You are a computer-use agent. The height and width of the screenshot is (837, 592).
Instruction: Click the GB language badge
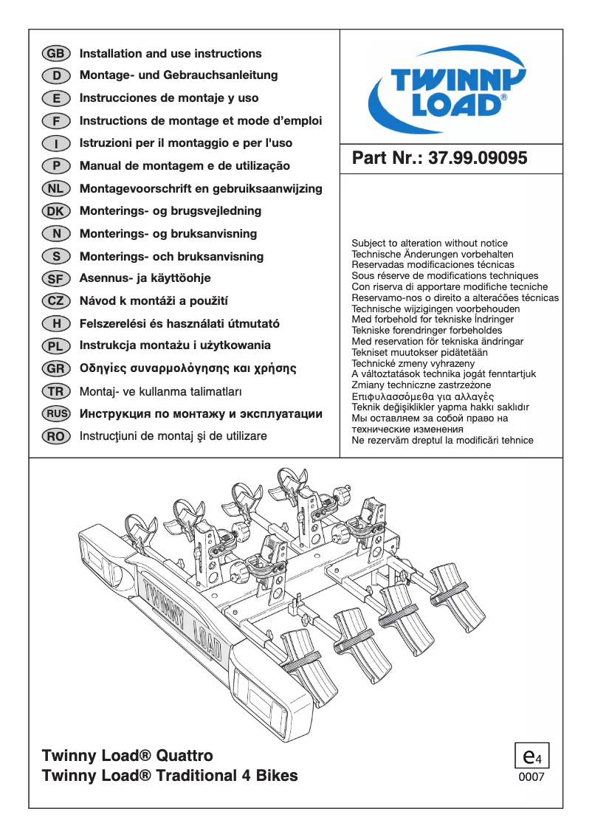pyautogui.click(x=56, y=54)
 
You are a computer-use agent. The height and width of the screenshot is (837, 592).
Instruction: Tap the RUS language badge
pyautogui.click(x=56, y=414)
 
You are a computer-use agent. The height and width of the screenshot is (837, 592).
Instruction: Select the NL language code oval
pyautogui.click(x=56, y=189)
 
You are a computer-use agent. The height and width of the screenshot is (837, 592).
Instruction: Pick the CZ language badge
pyautogui.click(x=56, y=301)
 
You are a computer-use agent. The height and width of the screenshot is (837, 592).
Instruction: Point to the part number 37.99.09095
pyautogui.click(x=478, y=159)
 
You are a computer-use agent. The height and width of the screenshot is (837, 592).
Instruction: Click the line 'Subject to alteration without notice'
pyautogui.click(x=430, y=243)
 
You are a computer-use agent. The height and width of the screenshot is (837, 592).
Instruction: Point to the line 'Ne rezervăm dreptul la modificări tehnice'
pyautogui.click(x=442, y=440)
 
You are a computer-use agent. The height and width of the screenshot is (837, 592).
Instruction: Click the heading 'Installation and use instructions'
pyautogui.click(x=171, y=54)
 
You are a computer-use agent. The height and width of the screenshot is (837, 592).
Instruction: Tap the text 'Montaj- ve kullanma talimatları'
pyautogui.click(x=160, y=391)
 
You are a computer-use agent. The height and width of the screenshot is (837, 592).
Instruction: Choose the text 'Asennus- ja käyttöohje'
pyautogui.click(x=145, y=278)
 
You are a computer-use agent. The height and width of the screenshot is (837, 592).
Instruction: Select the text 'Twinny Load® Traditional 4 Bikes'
pyautogui.click(x=171, y=776)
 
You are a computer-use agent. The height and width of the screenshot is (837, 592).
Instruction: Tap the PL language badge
pyautogui.click(x=56, y=346)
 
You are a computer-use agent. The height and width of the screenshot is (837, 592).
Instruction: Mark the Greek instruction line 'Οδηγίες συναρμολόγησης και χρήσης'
pyautogui.click(x=187, y=368)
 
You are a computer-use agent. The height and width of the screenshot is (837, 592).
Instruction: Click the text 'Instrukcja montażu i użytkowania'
pyautogui.click(x=175, y=345)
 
